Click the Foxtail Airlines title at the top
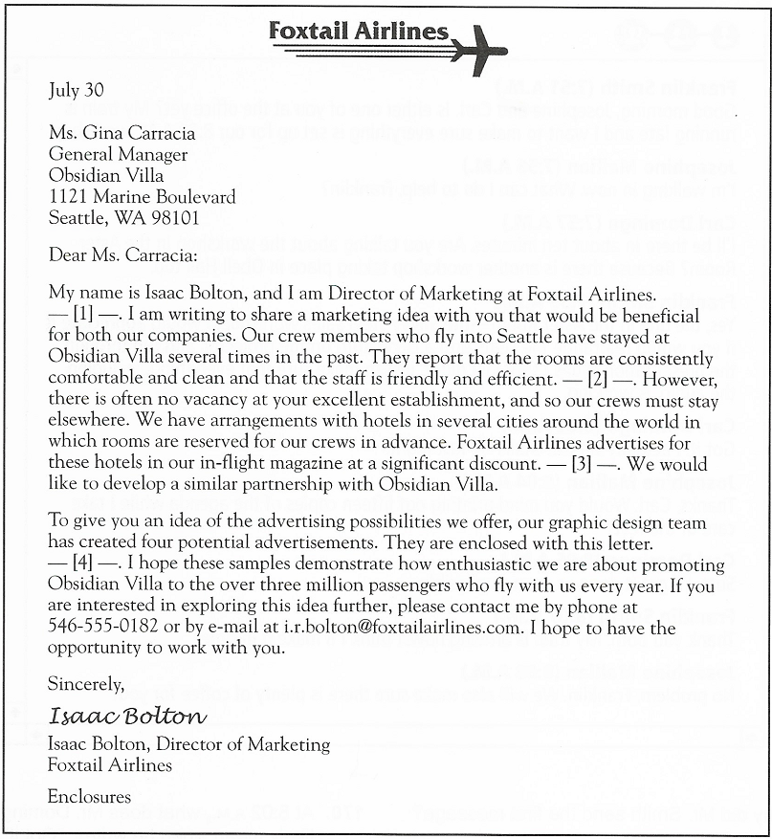click(x=359, y=31)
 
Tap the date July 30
click(x=74, y=91)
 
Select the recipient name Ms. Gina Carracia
click(x=121, y=133)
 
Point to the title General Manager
click(x=118, y=154)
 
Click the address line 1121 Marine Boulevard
click(x=142, y=196)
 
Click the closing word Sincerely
click(x=86, y=684)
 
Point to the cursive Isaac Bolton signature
click(x=126, y=716)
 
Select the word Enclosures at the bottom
click(x=89, y=795)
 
